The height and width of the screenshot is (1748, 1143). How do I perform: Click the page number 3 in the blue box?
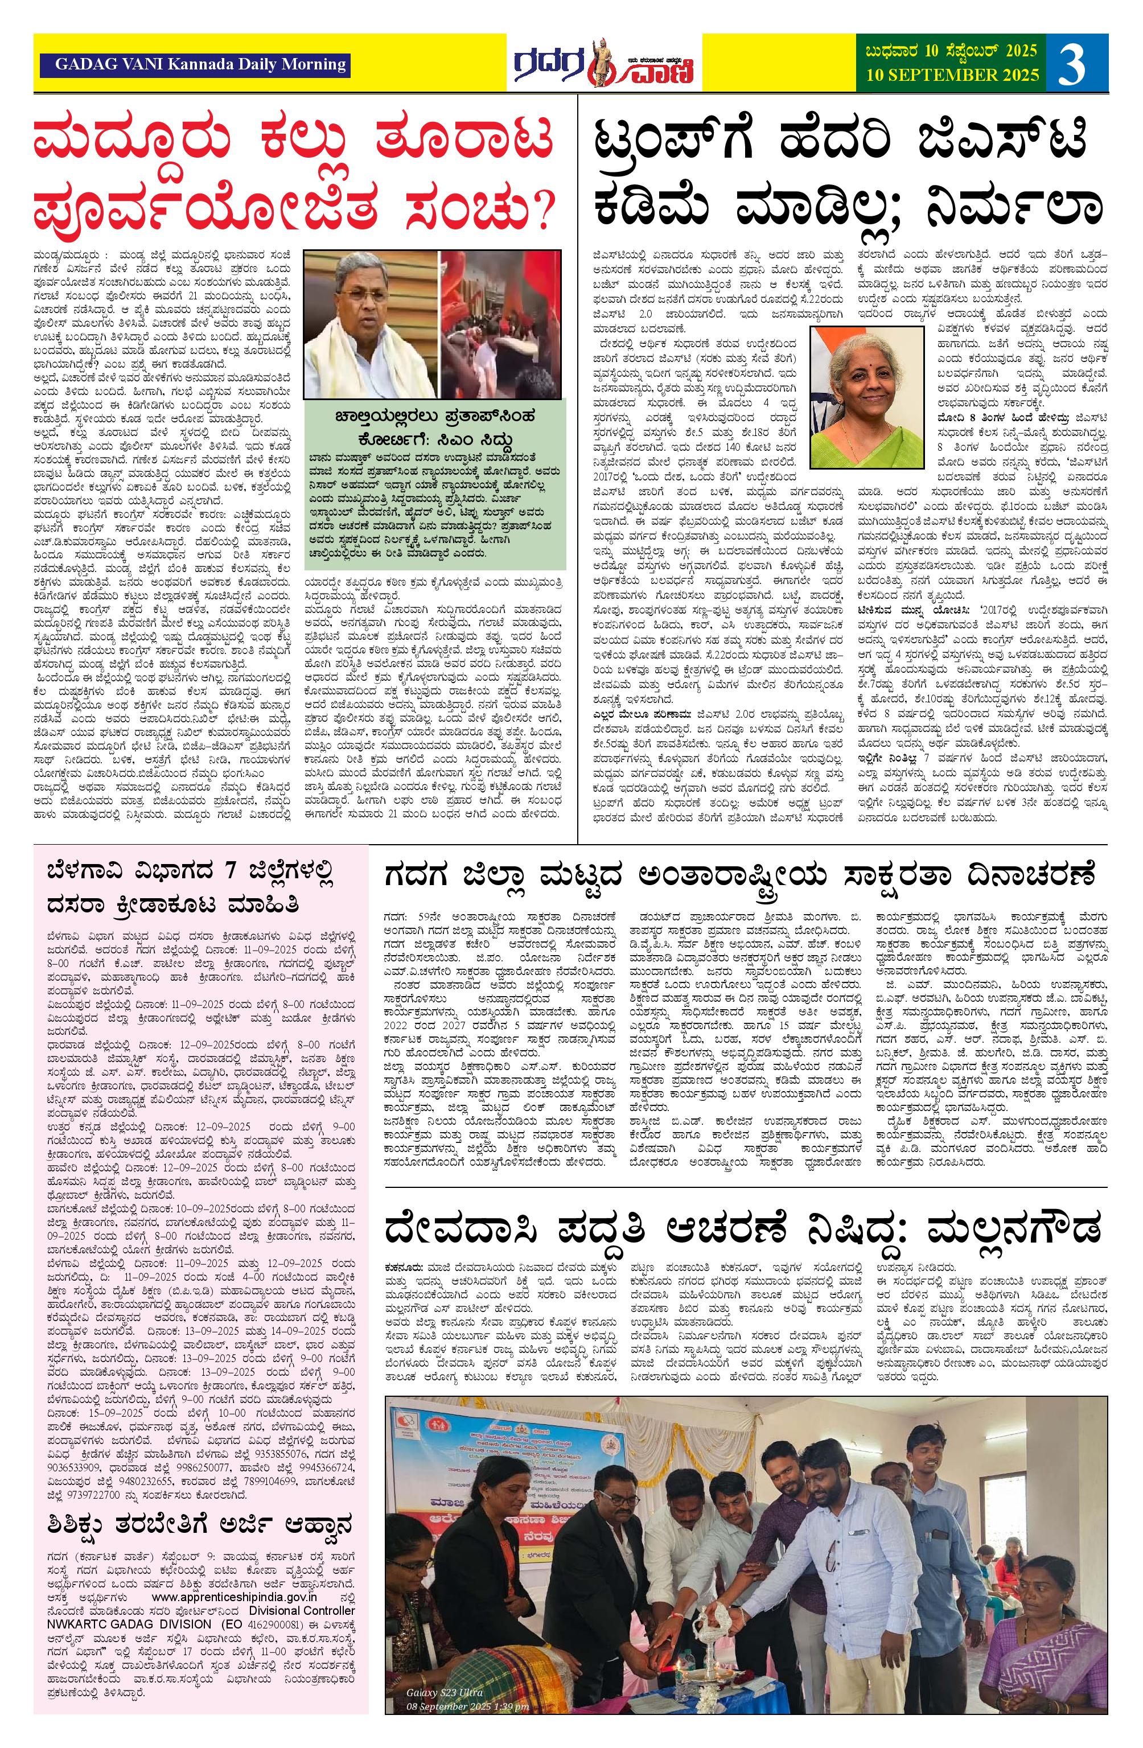coord(1073,63)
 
